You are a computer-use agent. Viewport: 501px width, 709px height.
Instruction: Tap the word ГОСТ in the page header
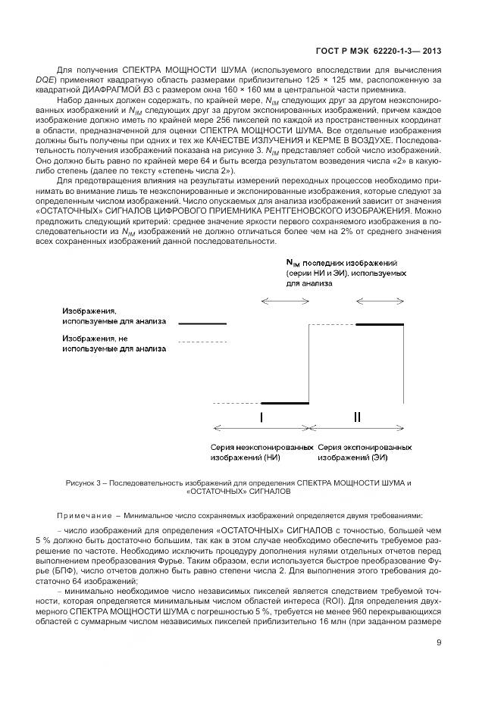(x=329, y=51)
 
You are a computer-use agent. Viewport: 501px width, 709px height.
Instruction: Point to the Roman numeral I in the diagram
(x=261, y=417)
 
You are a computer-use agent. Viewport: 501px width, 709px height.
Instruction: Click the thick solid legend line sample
(x=202, y=324)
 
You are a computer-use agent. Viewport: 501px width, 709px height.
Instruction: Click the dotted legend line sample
(x=202, y=344)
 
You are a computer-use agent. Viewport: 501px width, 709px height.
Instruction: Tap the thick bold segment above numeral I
(x=284, y=404)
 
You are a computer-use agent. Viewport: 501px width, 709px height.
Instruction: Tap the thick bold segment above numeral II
(x=380, y=324)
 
